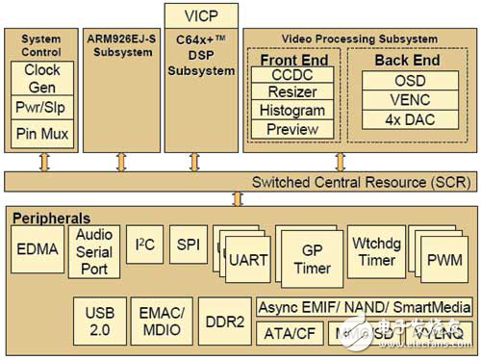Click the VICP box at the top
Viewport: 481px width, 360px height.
coord(201,15)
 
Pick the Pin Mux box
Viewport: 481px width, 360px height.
coord(42,134)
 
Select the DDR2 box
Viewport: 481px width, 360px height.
coord(224,322)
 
